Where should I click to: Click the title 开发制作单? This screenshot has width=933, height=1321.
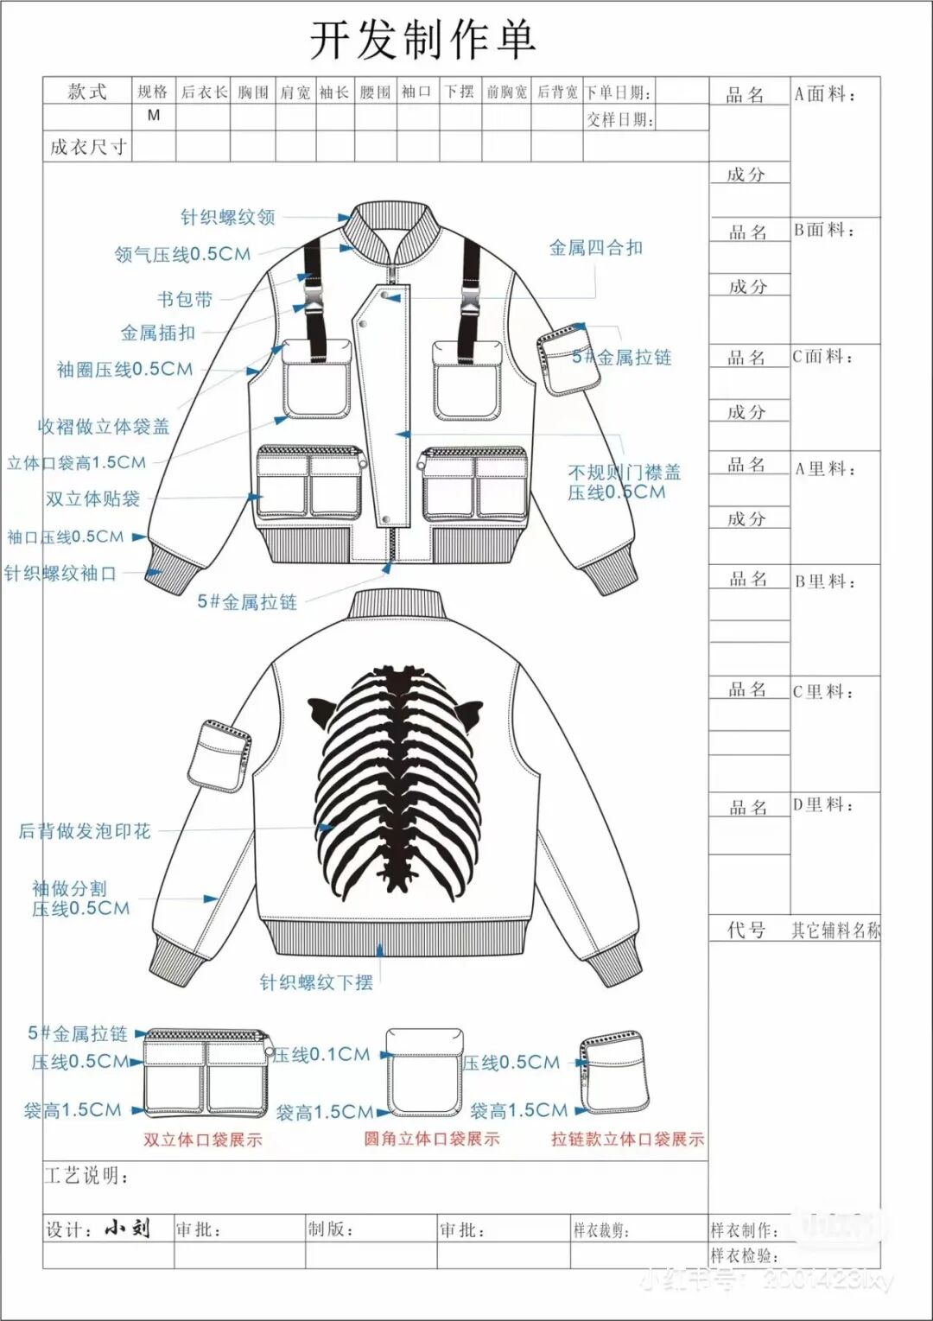(422, 41)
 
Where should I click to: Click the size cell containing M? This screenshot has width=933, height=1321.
(154, 116)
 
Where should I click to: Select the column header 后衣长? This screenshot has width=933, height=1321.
(204, 92)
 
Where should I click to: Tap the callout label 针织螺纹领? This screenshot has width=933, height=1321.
(227, 217)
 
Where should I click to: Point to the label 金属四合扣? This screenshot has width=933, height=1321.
(596, 248)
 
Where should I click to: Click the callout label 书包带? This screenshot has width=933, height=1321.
(184, 300)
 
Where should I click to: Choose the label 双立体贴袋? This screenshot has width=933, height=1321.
(92, 499)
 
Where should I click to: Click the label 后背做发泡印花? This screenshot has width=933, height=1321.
(85, 831)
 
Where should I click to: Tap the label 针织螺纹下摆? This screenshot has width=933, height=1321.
(316, 982)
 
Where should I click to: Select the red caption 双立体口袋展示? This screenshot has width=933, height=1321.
(202, 1140)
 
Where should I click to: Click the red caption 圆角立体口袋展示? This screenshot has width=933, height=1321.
(431, 1139)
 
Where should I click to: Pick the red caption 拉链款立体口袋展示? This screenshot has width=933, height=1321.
(627, 1140)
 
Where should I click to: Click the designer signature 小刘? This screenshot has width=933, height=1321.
(127, 1228)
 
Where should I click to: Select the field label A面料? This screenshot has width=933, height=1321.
(824, 93)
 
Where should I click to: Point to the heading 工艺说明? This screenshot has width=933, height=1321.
(86, 1175)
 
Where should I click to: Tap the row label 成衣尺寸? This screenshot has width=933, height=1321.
(87, 147)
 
